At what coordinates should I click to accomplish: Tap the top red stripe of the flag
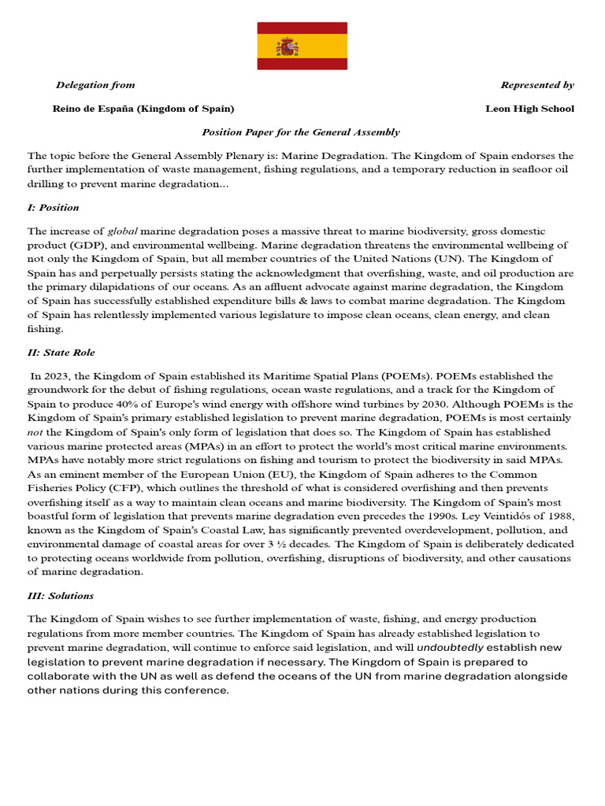302,28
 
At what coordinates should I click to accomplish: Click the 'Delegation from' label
95,85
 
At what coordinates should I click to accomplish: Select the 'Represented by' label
537,85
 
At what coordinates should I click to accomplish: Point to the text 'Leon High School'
529,109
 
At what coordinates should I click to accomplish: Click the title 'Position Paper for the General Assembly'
301,132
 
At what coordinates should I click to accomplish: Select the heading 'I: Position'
54,208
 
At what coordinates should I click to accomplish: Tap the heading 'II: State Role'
61,352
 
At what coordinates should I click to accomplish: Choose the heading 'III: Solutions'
61,596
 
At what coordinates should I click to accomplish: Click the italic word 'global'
122,231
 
